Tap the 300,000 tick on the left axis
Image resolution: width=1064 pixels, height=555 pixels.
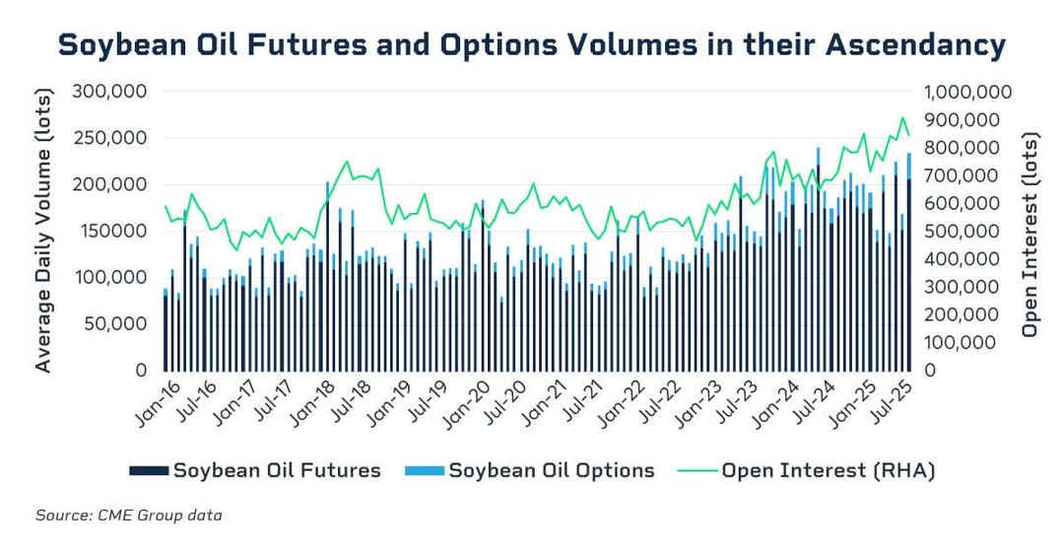[x=111, y=92]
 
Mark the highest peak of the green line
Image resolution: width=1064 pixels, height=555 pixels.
[x=901, y=118]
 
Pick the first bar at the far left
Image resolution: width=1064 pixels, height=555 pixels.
[x=165, y=332]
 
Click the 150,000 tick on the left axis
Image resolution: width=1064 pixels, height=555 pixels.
[x=111, y=232]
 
